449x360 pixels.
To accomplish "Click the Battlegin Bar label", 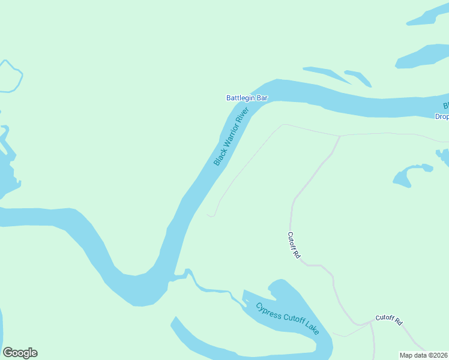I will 247,98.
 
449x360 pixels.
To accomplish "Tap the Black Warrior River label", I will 231,137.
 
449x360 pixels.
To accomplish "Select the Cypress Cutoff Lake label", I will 288,319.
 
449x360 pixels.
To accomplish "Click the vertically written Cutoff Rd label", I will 293,245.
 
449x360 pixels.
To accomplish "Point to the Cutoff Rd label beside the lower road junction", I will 388,319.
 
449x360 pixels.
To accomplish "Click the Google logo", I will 20,353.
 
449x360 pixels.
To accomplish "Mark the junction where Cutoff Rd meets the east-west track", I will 340,136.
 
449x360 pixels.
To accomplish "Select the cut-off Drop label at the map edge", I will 442,116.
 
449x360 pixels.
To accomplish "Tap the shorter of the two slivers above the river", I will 358,77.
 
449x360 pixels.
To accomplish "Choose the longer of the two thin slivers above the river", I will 327,74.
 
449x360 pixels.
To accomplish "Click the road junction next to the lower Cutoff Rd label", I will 371,322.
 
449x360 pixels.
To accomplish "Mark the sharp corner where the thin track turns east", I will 283,125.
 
